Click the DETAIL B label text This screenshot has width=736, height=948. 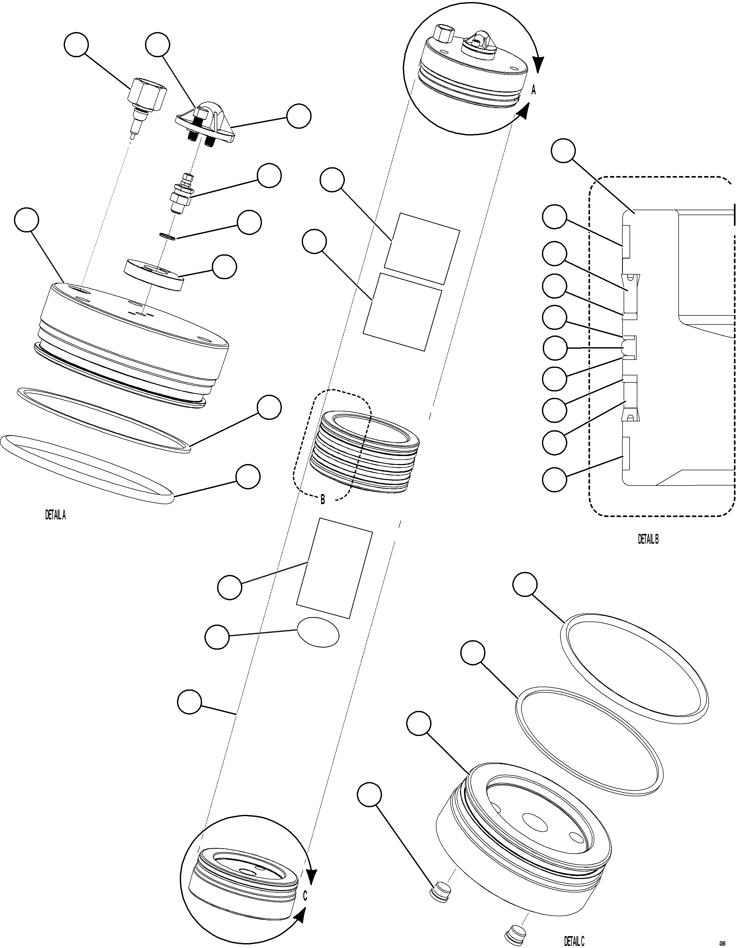648,539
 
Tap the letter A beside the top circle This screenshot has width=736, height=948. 533,90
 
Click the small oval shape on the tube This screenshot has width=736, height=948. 318,632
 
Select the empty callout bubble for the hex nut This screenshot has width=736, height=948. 76,45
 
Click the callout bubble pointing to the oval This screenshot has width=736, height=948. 217,637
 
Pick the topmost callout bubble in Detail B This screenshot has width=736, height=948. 563,151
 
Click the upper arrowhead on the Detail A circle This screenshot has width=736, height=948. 538,65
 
